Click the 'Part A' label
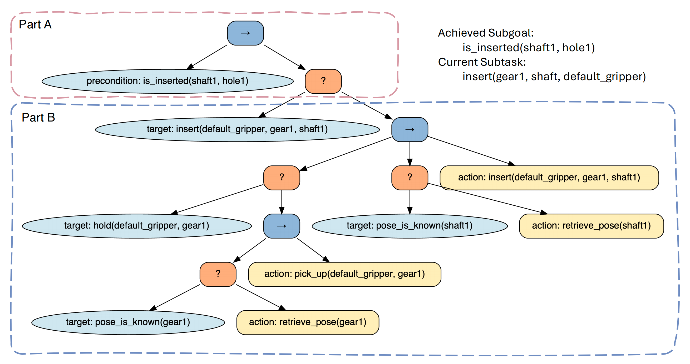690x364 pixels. pyautogui.click(x=35, y=25)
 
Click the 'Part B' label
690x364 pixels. pyautogui.click(x=38, y=117)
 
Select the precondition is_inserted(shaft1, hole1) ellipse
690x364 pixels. pyautogui.click(x=168, y=81)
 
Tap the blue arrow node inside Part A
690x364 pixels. pyautogui.click(x=245, y=33)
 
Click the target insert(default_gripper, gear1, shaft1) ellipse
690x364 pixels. pyautogui.click(x=237, y=129)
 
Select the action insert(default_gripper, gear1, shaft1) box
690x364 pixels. pyautogui.click(x=549, y=178)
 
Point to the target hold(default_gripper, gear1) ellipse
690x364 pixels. pyautogui.click(x=137, y=226)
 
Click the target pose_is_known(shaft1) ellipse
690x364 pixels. pyautogui.click(x=410, y=226)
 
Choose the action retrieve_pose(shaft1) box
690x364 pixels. pyautogui.click(x=592, y=226)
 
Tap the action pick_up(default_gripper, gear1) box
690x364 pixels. pyautogui.click(x=345, y=274)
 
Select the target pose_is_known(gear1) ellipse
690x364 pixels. pyautogui.click(x=128, y=322)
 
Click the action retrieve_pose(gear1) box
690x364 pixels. pyautogui.click(x=308, y=322)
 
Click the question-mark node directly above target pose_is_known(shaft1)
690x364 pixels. pyautogui.click(x=410, y=178)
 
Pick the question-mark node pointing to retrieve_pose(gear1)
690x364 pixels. pyautogui.click(x=218, y=274)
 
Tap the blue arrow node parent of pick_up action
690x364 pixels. pyautogui.click(x=282, y=226)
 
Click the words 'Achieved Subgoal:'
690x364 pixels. pyautogui.click(x=486, y=33)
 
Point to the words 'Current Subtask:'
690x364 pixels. pyautogui.click(x=482, y=62)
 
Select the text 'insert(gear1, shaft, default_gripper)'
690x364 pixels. pyautogui.click(x=554, y=77)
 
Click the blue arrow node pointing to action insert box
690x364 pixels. pyautogui.click(x=410, y=129)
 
